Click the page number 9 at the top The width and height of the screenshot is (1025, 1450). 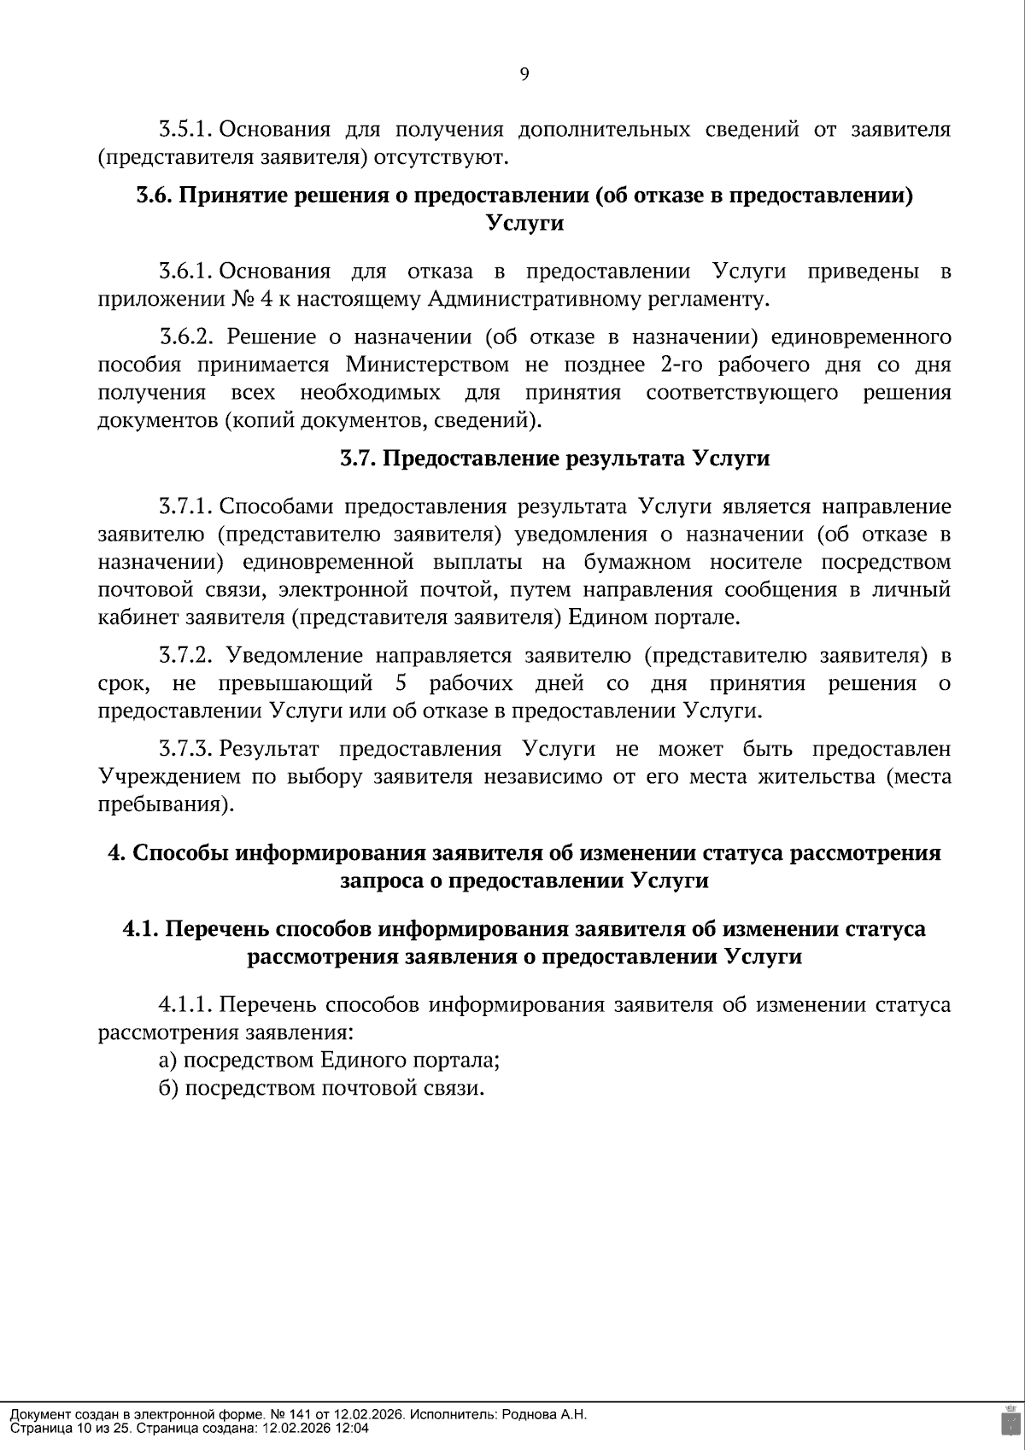click(524, 74)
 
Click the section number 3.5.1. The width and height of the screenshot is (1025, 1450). click(184, 130)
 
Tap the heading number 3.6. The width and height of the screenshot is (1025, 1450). click(155, 196)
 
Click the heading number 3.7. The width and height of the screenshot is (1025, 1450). click(358, 459)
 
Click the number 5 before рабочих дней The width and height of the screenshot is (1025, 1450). click(401, 683)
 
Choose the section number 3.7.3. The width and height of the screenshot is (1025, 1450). click(184, 749)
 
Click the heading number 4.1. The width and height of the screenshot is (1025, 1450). click(140, 928)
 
